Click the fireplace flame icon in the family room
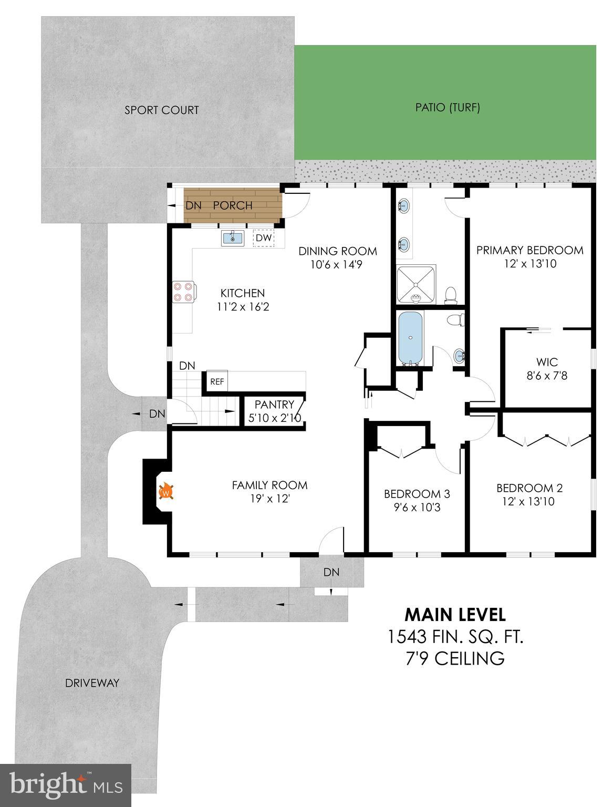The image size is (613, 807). [166, 491]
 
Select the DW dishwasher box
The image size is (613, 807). [264, 238]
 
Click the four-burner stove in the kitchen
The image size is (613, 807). [184, 292]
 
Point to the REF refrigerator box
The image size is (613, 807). [217, 381]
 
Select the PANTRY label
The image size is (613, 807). [274, 405]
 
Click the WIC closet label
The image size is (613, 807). [547, 362]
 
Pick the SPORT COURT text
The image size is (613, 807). [161, 110]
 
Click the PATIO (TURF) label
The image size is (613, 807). [448, 107]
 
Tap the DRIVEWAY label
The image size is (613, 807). [92, 683]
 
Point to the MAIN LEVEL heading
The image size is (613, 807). [455, 615]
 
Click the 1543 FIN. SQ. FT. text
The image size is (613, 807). [455, 637]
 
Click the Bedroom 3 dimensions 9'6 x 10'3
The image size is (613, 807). [417, 508]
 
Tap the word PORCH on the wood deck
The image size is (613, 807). [233, 205]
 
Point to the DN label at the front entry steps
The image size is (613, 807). [331, 572]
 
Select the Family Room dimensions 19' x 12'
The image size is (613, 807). [270, 499]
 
